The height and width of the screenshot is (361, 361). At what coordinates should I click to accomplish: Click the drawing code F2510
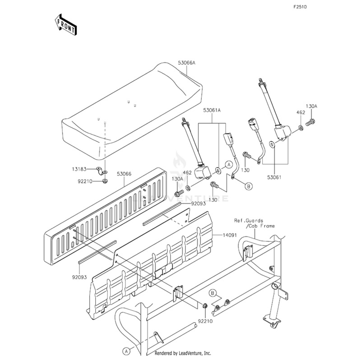(300, 8)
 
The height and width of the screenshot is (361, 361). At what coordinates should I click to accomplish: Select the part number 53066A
(186, 63)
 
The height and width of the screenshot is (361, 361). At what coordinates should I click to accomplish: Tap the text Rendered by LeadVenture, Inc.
(182, 353)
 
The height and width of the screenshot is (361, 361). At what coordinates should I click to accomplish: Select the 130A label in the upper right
(311, 106)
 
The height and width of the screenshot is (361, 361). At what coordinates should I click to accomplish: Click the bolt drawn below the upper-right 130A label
(310, 121)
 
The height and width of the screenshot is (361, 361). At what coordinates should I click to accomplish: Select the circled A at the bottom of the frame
(127, 350)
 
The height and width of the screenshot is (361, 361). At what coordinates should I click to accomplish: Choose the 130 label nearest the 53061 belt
(245, 170)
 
